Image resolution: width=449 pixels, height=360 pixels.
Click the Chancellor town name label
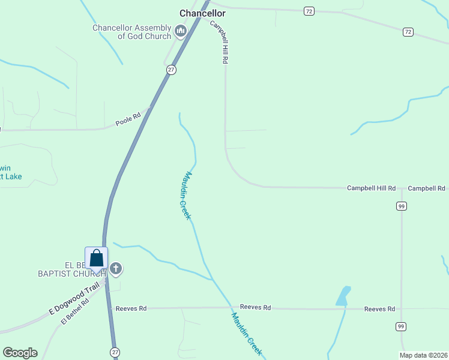203,13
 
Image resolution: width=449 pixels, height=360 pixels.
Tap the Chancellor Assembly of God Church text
132,32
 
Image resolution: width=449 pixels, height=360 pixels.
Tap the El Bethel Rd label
74,312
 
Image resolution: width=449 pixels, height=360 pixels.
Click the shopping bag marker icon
97,259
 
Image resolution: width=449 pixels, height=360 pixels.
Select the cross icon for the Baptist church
116,268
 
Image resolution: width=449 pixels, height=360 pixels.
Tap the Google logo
20,353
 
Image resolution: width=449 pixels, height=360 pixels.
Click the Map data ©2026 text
424,355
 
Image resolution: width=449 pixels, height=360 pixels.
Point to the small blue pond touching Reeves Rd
343,296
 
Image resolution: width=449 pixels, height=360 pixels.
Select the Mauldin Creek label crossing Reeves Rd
247,334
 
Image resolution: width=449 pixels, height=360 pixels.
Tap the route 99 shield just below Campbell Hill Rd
402,206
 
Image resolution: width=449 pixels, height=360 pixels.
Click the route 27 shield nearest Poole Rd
172,70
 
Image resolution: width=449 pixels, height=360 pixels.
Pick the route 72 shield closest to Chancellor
309,11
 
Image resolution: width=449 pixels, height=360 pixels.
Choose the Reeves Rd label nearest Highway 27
131,308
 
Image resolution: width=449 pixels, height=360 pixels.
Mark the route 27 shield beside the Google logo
114,351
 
